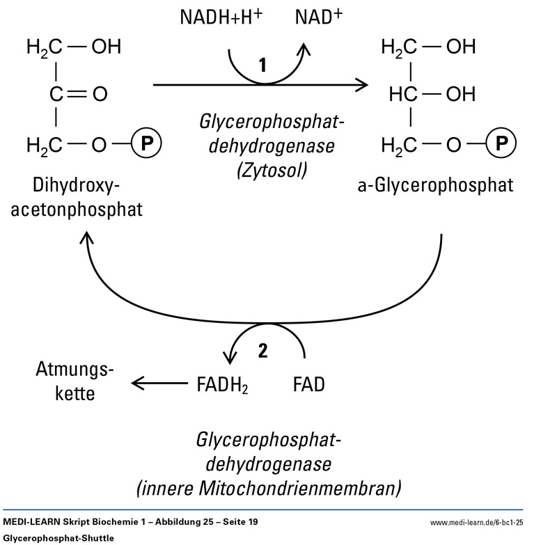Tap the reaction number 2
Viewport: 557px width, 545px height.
[262, 352]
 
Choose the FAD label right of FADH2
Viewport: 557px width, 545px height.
[306, 383]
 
